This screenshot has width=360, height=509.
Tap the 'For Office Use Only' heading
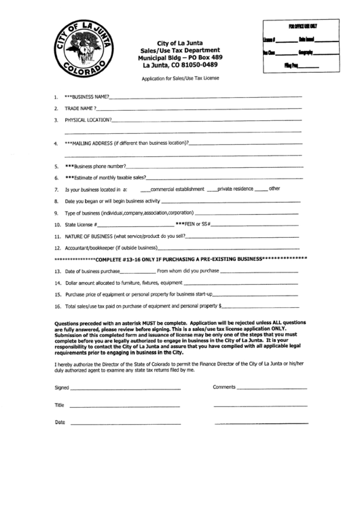pos(302,25)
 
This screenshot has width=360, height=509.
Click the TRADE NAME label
pos(80,108)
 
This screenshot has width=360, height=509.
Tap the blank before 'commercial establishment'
pos(144,189)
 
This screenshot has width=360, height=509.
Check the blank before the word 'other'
pos(262,189)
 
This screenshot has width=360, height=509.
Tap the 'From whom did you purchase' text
pos(188,271)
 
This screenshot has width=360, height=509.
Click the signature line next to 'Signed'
pos(126,387)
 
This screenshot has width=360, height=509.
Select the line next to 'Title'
pos(126,406)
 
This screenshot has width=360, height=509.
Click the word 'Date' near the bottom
pos(60,422)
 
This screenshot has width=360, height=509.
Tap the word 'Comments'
pos(223,386)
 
